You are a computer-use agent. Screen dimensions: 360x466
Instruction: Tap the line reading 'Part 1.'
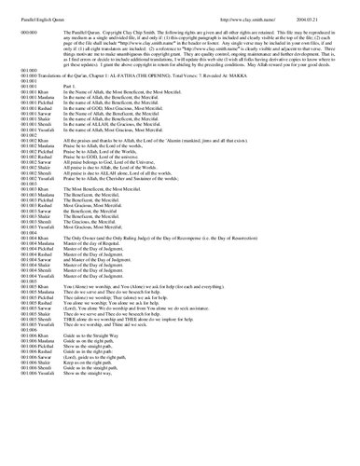pos(71,111)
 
